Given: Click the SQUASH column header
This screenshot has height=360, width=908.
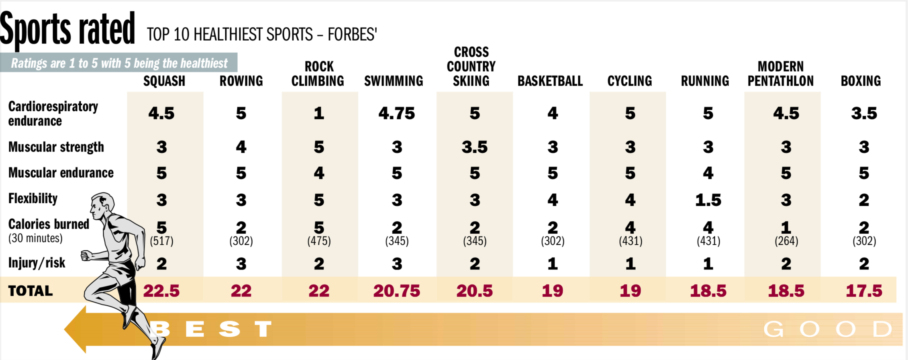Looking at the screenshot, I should pos(164,81).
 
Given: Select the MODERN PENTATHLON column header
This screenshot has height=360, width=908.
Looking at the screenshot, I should pos(780,74).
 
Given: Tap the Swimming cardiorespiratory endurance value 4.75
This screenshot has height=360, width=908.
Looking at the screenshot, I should pos(396,114).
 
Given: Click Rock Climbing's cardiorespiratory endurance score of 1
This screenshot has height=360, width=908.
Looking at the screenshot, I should pos(319,114).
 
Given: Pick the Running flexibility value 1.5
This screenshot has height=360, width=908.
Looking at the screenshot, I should pos(708,200).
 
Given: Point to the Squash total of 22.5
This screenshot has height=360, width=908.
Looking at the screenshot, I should pos(161,291).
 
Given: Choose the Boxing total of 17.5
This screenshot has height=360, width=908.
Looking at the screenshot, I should pos(864,291).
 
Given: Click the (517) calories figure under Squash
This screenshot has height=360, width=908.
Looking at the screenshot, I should pos(161,241).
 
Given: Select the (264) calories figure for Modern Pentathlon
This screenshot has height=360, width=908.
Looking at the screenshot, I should pos(786,241).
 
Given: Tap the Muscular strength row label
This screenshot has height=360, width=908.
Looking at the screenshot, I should pos(56,147).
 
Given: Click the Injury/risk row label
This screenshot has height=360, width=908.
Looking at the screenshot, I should pos(37,263).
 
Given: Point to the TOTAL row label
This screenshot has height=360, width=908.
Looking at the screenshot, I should pos(31,291).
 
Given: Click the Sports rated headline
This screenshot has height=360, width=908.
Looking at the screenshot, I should pos(67,29).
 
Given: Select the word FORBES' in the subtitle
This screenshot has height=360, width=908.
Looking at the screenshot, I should pos(352,35).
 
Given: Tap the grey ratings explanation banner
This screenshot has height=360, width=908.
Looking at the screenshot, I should pos(119,63).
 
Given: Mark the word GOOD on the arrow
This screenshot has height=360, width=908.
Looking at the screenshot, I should pos(827,329).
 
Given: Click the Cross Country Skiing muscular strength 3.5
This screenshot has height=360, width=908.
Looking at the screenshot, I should pos(474,147).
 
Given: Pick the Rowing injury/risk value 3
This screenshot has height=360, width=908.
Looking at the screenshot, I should pos(241,264).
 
